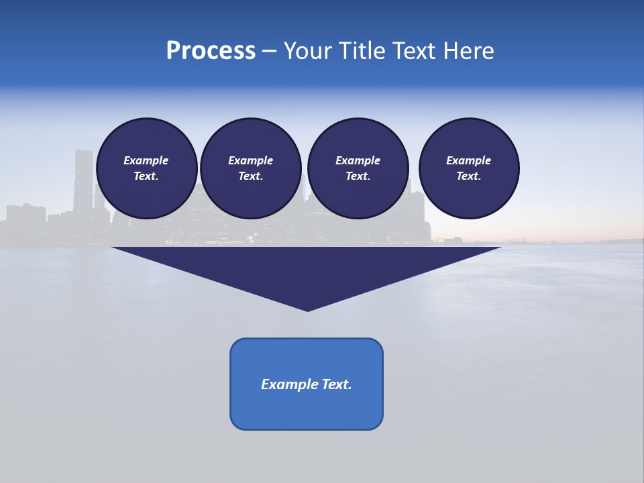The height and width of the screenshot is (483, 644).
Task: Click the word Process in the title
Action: (211, 51)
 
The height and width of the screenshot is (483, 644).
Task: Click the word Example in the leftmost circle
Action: (146, 160)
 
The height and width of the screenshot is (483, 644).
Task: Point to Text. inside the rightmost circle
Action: (469, 176)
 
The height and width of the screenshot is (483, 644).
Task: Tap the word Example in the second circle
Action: (250, 160)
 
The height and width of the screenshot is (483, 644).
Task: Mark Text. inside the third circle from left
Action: (358, 176)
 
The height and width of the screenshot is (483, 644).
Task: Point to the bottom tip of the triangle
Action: (307, 309)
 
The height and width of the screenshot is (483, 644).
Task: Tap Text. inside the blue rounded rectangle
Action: (336, 384)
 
